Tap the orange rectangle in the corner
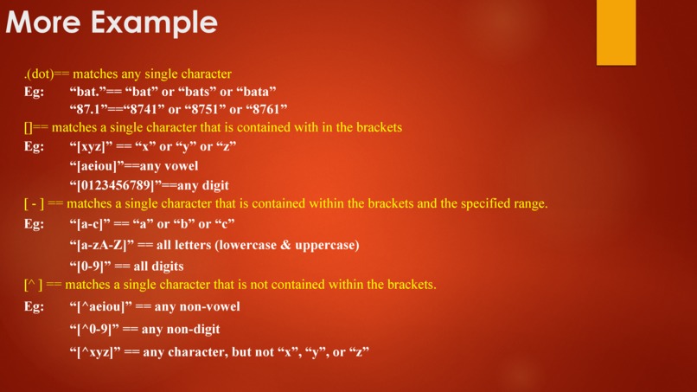click(x=616, y=32)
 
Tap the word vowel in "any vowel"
click(x=180, y=165)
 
